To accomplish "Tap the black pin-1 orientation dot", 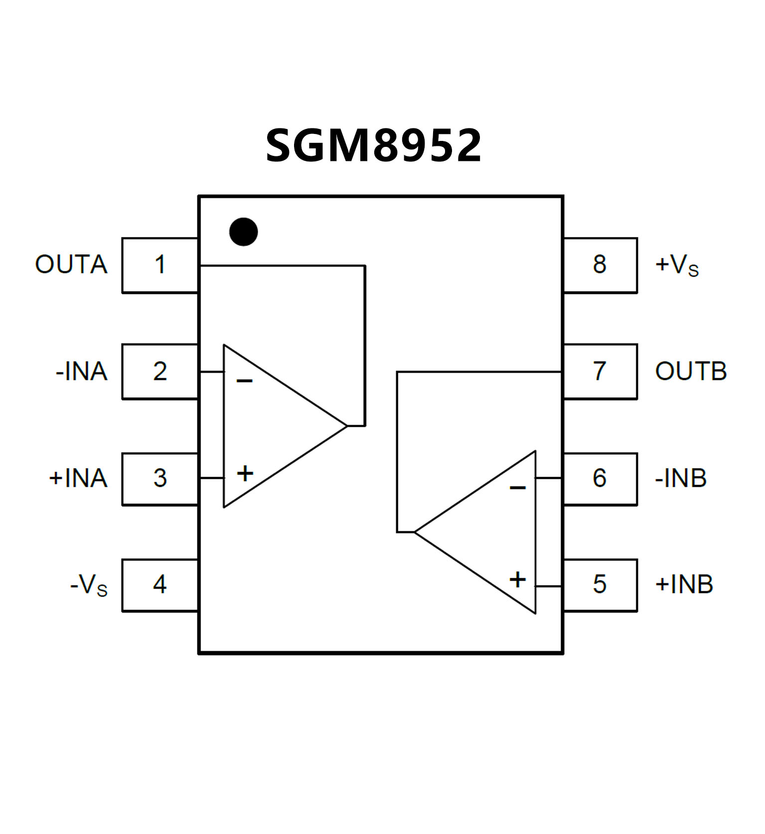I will point(243,232).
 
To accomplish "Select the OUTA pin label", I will point(71,264).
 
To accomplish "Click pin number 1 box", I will point(160,265).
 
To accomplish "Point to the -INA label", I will point(82,371).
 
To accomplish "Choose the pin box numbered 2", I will point(160,371).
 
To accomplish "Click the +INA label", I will point(78,478).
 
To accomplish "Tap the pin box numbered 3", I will point(160,478).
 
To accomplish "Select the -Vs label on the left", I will point(89,585).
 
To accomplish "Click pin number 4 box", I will point(160,585).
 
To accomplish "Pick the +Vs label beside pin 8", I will point(677,265).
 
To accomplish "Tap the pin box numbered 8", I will point(600,265).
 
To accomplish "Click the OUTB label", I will point(691,371).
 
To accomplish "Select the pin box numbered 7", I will point(600,371).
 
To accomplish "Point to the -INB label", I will point(681,478).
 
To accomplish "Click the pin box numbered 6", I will point(600,478).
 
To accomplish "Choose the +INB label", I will point(684,585).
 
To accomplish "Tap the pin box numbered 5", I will point(600,585).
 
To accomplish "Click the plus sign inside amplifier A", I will point(245,473).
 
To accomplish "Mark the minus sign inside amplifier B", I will point(518,487).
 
